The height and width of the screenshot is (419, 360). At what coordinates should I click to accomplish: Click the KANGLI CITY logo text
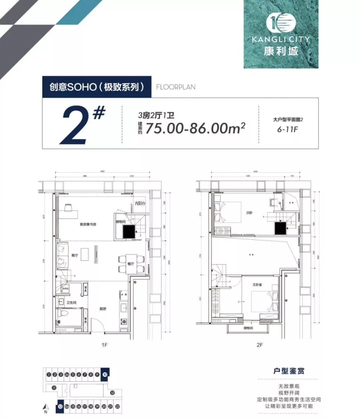coord(281,39)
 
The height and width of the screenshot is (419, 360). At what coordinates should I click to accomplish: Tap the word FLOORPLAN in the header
coord(176,87)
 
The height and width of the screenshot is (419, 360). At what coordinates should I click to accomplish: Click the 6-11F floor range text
coord(287,129)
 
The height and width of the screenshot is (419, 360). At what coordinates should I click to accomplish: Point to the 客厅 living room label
coord(74,255)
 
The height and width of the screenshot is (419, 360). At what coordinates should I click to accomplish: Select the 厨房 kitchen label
coord(103,309)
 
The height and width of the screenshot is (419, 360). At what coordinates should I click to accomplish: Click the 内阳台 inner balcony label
coord(140,204)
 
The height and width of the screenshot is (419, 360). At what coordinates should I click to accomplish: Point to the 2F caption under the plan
coord(260,345)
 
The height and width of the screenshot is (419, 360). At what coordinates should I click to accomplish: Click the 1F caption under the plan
coord(104,345)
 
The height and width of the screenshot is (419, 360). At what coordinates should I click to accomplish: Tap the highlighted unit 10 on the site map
coord(105,374)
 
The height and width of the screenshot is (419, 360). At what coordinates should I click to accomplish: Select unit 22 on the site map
coord(117,407)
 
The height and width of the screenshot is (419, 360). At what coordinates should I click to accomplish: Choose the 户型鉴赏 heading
coord(289,371)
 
